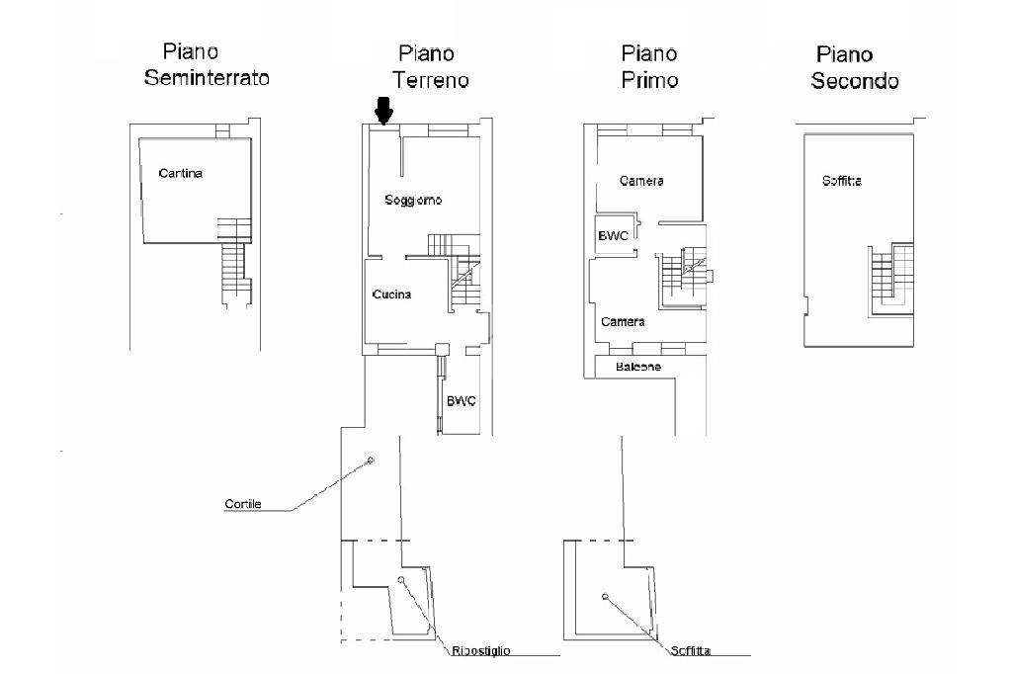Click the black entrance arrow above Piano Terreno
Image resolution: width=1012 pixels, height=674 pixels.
(383, 111)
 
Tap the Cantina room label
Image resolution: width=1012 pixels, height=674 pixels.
(181, 173)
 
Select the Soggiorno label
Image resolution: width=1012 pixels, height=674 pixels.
(413, 201)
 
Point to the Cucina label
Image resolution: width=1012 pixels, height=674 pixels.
(391, 295)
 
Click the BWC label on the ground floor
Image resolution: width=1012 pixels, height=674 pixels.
(462, 401)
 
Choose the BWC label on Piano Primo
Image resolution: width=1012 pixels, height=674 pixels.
(613, 235)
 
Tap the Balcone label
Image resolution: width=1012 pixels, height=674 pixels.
(638, 367)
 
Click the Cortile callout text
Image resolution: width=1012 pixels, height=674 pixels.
(243, 504)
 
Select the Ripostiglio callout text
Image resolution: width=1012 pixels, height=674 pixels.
(481, 650)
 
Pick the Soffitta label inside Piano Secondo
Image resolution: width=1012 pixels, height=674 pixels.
(842, 181)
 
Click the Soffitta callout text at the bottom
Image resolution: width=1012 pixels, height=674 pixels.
(691, 650)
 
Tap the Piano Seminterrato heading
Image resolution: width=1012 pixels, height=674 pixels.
(207, 64)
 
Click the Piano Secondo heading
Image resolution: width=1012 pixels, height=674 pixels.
(855, 68)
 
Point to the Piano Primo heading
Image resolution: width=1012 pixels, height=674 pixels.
(649, 66)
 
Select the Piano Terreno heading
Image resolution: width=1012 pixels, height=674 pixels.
(431, 66)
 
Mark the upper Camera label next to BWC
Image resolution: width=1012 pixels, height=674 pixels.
(641, 181)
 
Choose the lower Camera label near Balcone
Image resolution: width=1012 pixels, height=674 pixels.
(623, 321)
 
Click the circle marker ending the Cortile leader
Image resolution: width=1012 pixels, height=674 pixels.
(371, 461)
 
